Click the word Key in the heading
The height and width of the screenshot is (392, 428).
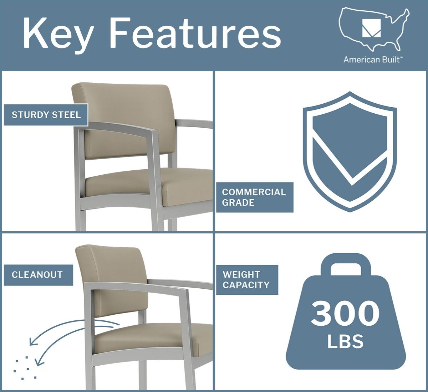pos(58,35)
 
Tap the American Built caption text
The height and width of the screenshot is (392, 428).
pos(373,60)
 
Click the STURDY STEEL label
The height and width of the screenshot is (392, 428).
pos(46,115)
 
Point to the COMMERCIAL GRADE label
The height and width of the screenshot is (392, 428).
pos(255,197)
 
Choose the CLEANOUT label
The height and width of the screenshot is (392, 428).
pos(39,275)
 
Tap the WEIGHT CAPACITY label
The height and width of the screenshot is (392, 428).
pos(247,280)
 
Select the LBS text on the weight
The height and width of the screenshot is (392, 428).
pos(345,341)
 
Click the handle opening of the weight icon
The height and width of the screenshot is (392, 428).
pos(346,269)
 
